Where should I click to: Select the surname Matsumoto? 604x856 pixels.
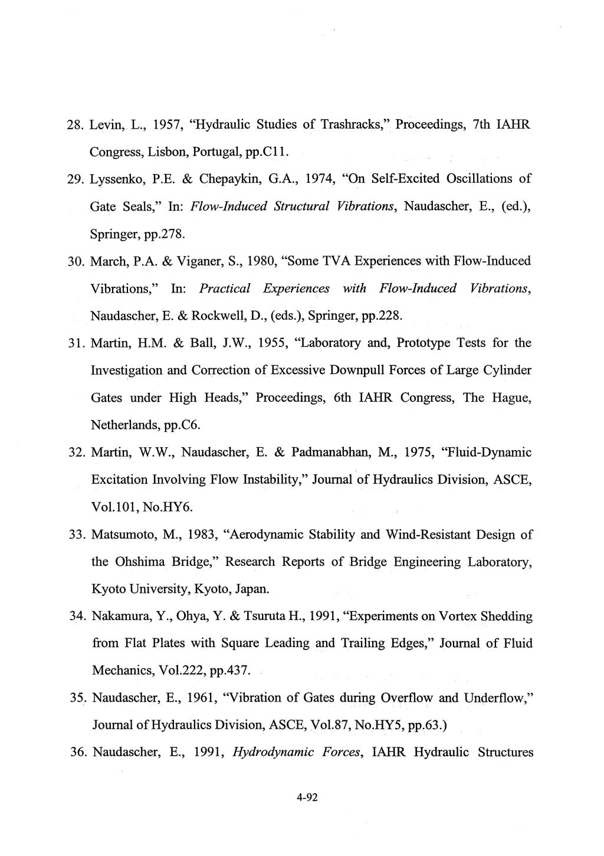(x=122, y=534)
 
